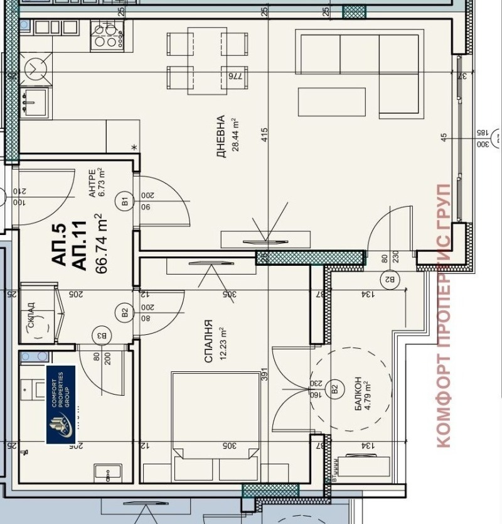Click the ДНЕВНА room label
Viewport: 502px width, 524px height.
pyautogui.click(x=220, y=136)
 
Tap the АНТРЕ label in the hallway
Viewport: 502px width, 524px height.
pyautogui.click(x=92, y=183)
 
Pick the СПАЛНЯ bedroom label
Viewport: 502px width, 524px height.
pyautogui.click(x=208, y=342)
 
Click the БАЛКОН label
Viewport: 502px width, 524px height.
pyautogui.click(x=358, y=394)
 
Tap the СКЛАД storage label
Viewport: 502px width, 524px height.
pyautogui.click(x=31, y=313)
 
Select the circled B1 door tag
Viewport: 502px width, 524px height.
pyautogui.click(x=124, y=202)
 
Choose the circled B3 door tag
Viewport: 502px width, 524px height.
pyautogui.click(x=100, y=336)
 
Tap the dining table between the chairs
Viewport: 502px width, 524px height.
pyautogui.click(x=207, y=61)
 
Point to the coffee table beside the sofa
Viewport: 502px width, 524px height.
pyautogui.click(x=331, y=102)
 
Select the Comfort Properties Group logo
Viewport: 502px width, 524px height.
pyautogui.click(x=61, y=404)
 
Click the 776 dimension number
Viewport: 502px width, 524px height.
pyautogui.click(x=235, y=75)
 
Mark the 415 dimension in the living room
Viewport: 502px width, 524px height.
pyautogui.click(x=265, y=134)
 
